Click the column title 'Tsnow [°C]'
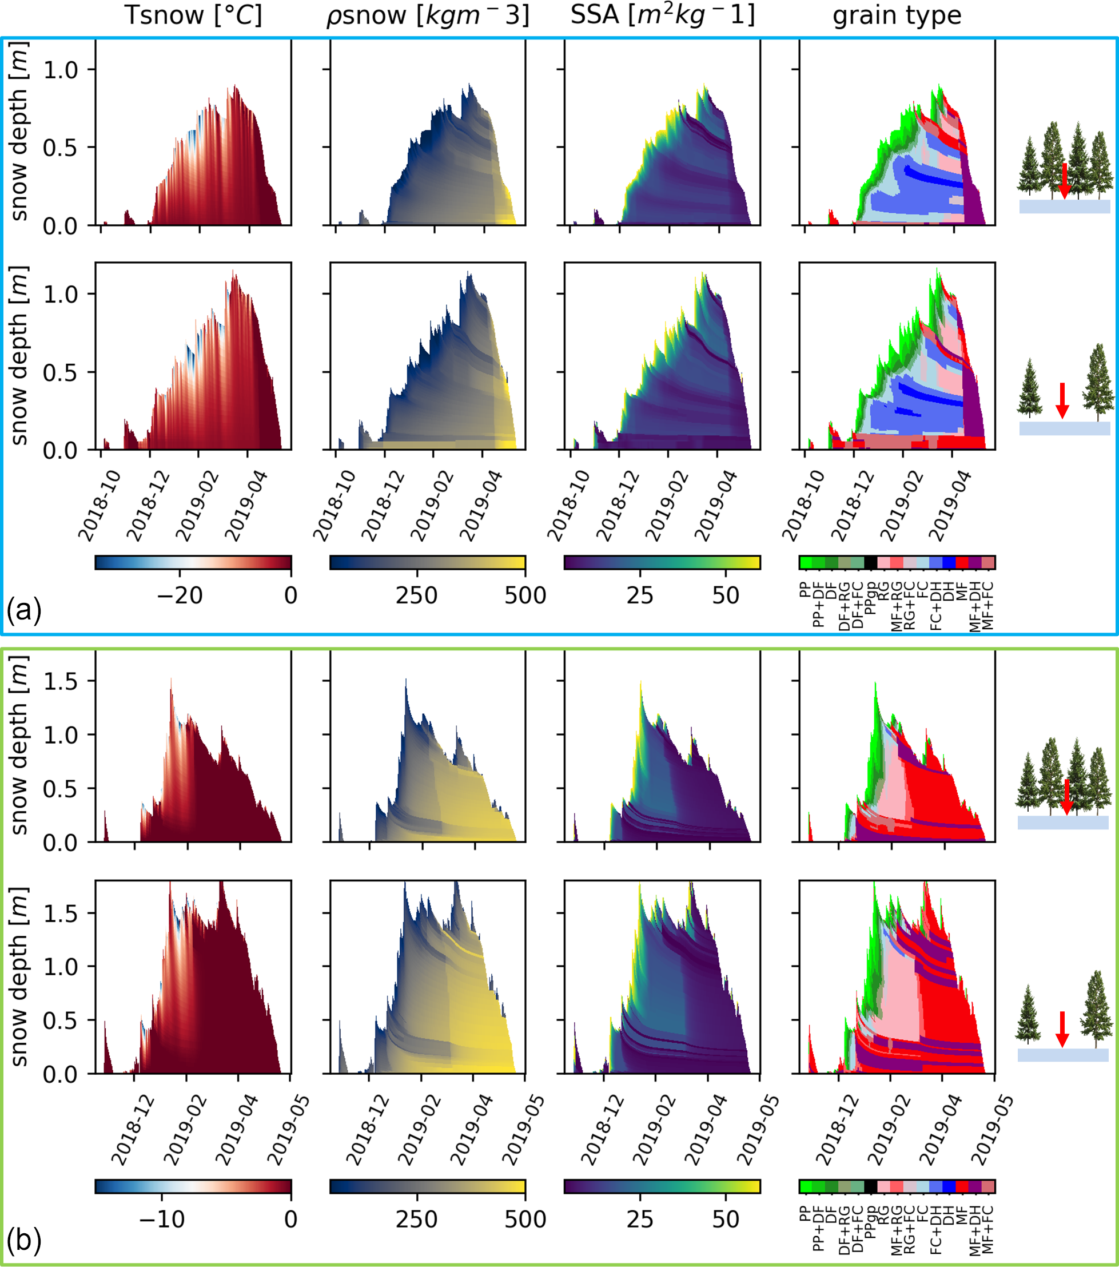tap(193, 15)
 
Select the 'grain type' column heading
tap(897, 15)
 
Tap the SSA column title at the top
tap(662, 15)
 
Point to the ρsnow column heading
tap(428, 15)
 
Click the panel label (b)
tap(23, 1240)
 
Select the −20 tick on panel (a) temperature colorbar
tap(180, 595)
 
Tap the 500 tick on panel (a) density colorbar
tap(525, 595)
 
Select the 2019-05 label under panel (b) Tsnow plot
tap(289, 1129)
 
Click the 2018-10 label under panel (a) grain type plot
tap(803, 505)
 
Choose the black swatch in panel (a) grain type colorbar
tap(870, 562)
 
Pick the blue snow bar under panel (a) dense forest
tap(1065, 206)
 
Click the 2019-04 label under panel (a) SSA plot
tap(716, 505)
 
